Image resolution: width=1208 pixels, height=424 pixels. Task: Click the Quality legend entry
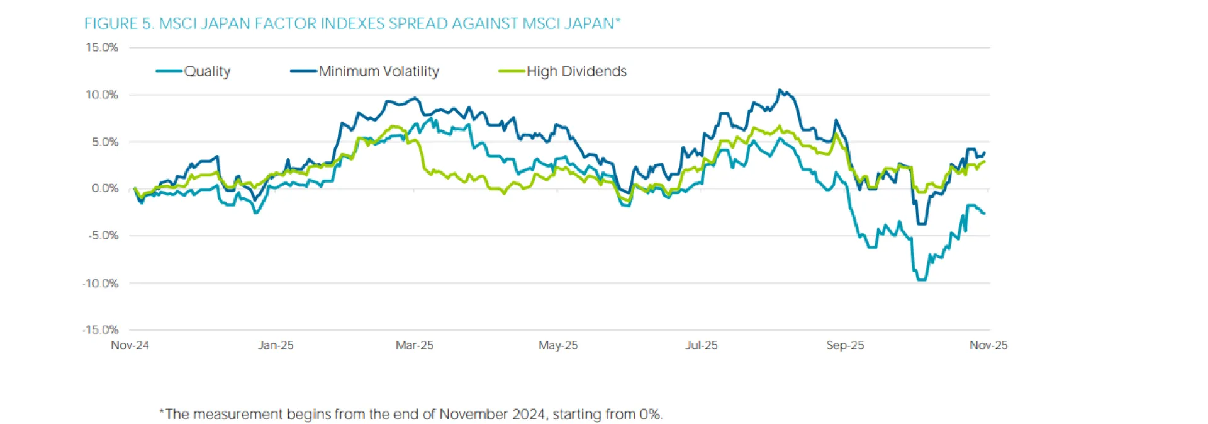click(x=206, y=71)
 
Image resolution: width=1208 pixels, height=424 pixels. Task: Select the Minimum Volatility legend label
click(x=378, y=71)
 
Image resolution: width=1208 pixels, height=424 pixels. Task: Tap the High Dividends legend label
click(x=576, y=71)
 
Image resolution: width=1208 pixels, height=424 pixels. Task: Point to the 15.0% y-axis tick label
click(x=102, y=47)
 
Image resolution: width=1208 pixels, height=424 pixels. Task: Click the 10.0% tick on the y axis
click(x=102, y=95)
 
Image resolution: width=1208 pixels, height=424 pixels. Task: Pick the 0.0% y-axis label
click(x=104, y=188)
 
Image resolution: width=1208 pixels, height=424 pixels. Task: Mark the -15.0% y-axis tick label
click(x=100, y=329)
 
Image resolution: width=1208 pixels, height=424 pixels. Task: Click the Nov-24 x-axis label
click(x=130, y=345)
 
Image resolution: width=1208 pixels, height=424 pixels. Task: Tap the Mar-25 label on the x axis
click(x=415, y=345)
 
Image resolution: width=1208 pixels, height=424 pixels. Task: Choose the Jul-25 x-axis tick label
click(x=702, y=345)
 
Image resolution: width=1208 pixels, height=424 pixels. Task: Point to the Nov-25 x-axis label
click(x=988, y=345)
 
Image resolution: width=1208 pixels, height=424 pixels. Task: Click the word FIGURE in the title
click(x=111, y=24)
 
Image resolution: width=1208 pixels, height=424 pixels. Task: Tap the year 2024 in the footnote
click(x=528, y=414)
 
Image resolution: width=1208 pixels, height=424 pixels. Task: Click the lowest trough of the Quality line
click(x=921, y=280)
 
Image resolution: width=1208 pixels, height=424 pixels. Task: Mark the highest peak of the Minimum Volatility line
click(x=780, y=90)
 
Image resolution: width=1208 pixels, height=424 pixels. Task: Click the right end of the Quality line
click(x=985, y=214)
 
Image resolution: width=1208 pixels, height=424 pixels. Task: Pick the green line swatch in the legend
click(x=511, y=71)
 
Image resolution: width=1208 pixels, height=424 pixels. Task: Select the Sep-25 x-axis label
click(x=845, y=345)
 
